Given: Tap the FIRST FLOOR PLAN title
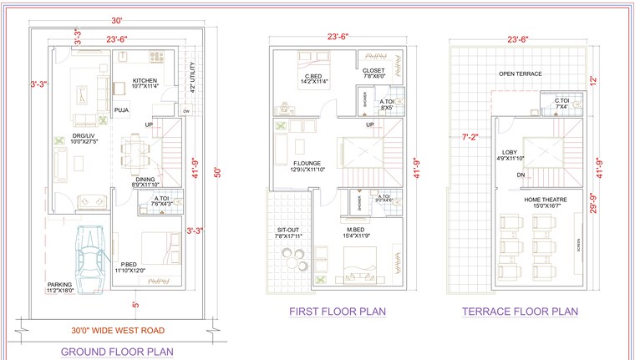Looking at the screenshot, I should click(x=337, y=312).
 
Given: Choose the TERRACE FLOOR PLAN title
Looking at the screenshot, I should click(x=520, y=312).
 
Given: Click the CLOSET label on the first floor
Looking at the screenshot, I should click(x=373, y=71).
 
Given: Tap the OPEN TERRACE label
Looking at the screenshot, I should click(x=520, y=74).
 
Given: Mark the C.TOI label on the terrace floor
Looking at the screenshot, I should click(x=561, y=100).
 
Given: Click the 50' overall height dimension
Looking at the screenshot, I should click(x=218, y=172).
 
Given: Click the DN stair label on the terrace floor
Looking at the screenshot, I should click(x=520, y=175).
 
